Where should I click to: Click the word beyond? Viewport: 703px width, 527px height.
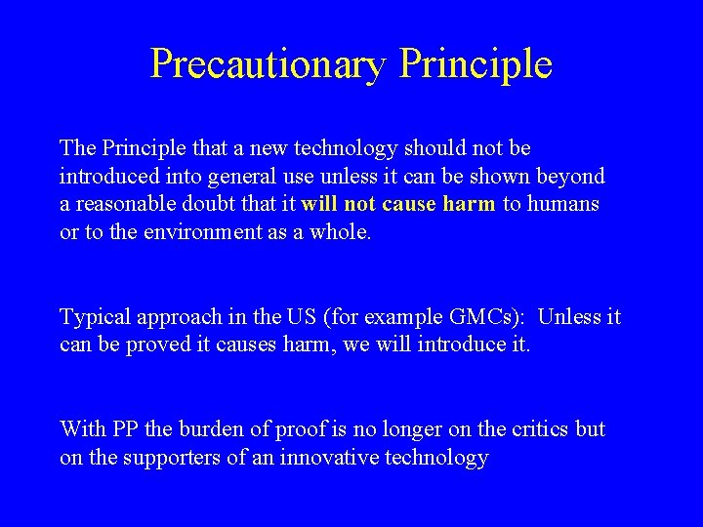click(570, 177)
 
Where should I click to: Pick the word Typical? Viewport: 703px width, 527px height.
click(95, 317)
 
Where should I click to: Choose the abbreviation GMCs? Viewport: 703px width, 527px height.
click(484, 317)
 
